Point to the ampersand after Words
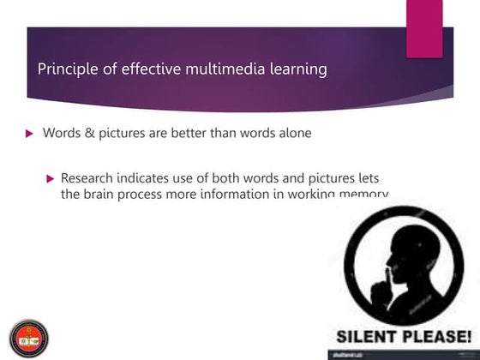88,133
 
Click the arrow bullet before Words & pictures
29,134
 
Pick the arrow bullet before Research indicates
51,178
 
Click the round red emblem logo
28,336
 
